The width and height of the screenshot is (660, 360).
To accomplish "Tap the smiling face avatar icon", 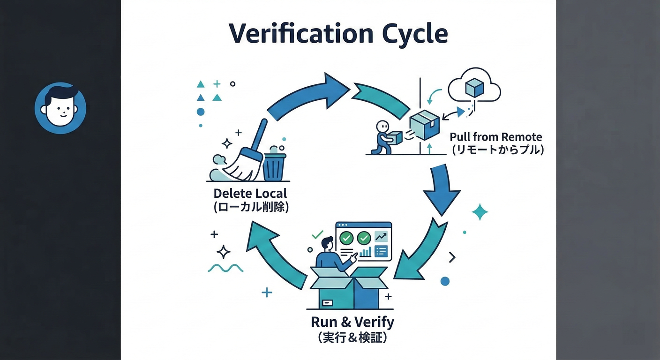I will click(60, 108).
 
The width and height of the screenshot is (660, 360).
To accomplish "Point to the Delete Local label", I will click(250, 193).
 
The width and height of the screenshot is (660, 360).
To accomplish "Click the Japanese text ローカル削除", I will click(251, 207).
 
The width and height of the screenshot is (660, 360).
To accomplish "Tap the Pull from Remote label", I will click(495, 137).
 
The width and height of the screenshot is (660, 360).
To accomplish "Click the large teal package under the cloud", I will click(425, 125).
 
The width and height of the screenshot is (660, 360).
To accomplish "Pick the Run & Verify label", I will click(352, 322).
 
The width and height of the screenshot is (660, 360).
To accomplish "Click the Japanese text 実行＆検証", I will click(352, 337).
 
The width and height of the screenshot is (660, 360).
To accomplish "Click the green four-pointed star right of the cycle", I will click(480, 212).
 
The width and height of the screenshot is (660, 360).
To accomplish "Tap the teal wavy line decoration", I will click(225, 268).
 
